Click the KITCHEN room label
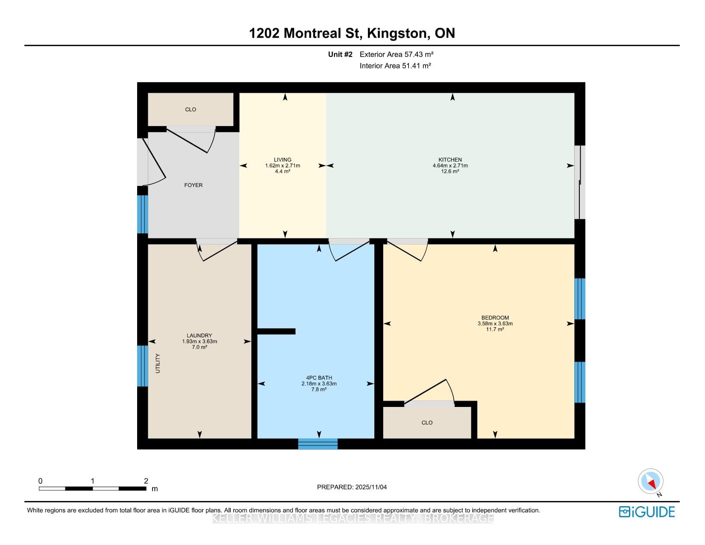[450, 160]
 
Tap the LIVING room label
[282, 160]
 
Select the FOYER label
[194, 185]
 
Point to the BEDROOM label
[495, 318]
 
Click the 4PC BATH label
[319, 378]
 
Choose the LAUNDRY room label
[199, 336]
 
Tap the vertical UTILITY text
[158, 363]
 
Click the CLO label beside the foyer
[191, 110]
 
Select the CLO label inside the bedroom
[427, 423]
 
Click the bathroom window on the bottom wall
[318, 444]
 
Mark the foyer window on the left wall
[143, 214]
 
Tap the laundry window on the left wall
[143, 366]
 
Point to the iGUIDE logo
[646, 512]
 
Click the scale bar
[93, 489]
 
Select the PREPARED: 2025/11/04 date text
[352, 487]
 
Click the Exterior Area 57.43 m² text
[397, 55]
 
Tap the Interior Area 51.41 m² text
[395, 66]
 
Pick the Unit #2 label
[340, 55]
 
